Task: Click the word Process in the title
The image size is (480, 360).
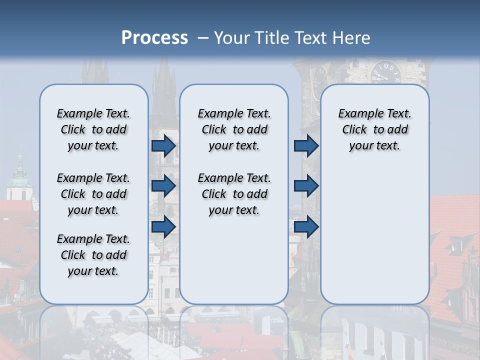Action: (x=154, y=38)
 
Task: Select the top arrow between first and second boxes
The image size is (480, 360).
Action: (x=163, y=146)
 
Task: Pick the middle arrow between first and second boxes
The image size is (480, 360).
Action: (x=163, y=186)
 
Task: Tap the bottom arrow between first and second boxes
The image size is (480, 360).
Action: (x=163, y=226)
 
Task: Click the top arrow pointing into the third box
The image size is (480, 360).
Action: (x=306, y=146)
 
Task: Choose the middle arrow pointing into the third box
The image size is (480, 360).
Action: (x=306, y=186)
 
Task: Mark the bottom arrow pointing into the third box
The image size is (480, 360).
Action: (x=306, y=226)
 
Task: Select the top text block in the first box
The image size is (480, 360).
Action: (x=93, y=129)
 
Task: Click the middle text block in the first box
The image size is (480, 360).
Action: (x=93, y=194)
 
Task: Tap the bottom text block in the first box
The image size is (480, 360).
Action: (x=93, y=255)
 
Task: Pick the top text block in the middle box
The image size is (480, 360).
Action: (x=234, y=129)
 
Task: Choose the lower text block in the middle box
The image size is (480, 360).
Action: (x=234, y=194)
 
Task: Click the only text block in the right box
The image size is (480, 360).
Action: (x=374, y=129)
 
